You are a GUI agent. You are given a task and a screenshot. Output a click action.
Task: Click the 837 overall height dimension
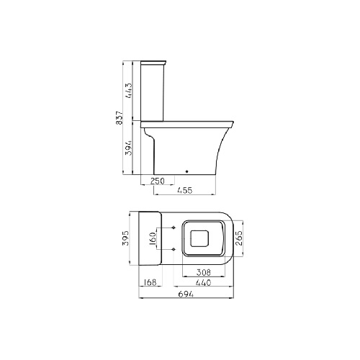(x=120, y=117)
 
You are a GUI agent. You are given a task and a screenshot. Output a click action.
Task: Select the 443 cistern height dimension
(x=129, y=91)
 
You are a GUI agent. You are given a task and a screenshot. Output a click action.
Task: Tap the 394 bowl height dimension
(x=129, y=148)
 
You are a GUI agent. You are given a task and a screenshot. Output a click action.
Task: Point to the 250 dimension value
(x=158, y=181)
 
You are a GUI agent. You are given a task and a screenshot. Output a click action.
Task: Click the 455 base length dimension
(x=185, y=190)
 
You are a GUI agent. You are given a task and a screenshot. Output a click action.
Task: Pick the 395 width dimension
(x=125, y=238)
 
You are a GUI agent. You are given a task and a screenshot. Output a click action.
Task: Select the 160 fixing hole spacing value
(x=153, y=238)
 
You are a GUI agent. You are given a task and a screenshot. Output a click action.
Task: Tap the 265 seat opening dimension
(x=238, y=238)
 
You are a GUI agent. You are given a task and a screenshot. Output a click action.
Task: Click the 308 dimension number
(x=204, y=272)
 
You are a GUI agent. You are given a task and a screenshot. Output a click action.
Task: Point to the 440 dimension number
(x=204, y=283)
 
